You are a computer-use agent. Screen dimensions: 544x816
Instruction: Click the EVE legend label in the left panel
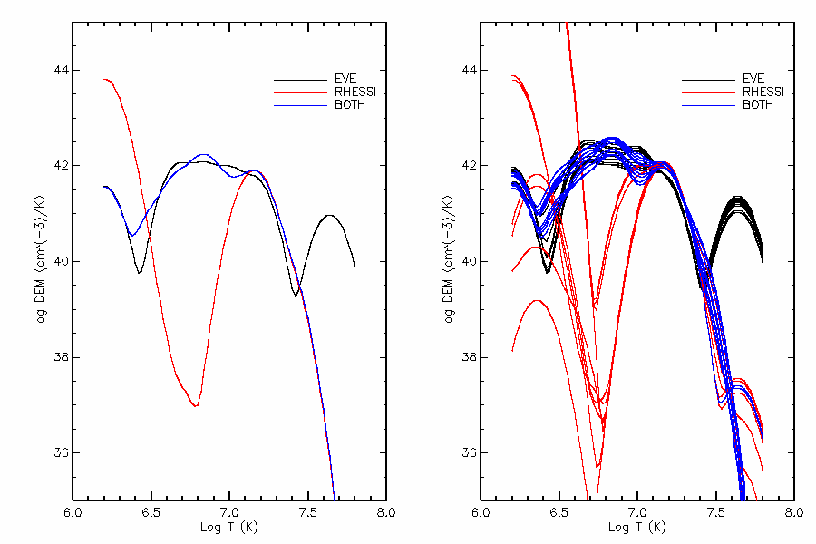tap(346, 78)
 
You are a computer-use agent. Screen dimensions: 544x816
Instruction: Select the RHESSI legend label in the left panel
tap(354, 92)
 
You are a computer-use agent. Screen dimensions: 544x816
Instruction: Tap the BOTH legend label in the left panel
tap(349, 105)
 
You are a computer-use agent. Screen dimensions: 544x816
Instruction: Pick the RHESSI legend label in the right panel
tap(763, 92)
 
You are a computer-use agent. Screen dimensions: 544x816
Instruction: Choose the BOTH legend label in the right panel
tap(758, 105)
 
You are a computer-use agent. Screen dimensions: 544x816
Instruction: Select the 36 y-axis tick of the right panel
tap(469, 452)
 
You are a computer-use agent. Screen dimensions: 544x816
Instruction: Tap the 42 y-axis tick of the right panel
tap(469, 166)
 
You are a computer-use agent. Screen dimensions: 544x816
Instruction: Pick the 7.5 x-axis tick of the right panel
tap(716, 513)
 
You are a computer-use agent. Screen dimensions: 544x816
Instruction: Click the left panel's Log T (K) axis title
tap(229, 527)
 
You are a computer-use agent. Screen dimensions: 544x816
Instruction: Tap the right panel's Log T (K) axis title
tap(637, 527)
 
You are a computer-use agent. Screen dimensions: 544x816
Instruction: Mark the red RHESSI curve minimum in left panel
tap(195, 406)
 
